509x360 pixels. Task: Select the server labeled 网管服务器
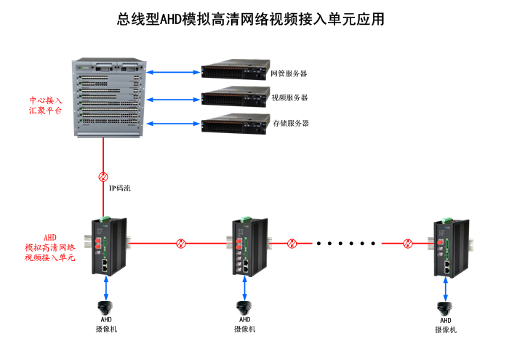click(x=233, y=71)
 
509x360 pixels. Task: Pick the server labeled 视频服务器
click(x=233, y=97)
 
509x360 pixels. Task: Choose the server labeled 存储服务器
click(x=233, y=123)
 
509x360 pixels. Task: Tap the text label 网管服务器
click(x=289, y=73)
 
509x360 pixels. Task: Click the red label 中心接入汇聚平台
click(x=45, y=105)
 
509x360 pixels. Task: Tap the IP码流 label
click(x=120, y=188)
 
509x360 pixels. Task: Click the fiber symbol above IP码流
click(x=103, y=176)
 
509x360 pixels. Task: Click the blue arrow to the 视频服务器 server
click(x=175, y=97)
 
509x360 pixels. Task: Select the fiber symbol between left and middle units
click(x=180, y=243)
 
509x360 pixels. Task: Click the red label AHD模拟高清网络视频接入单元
click(x=49, y=247)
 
